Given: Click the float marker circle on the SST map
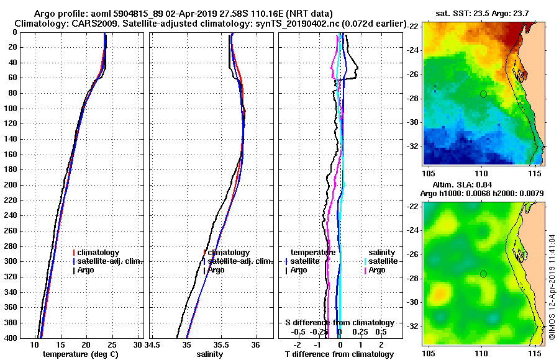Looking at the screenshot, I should [483, 94].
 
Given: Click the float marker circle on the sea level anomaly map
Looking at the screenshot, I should [483, 274].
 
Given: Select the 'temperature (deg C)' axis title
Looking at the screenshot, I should [80, 354].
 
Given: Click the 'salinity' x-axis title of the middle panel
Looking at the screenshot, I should [210, 354].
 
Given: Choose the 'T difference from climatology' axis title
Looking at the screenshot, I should [339, 354].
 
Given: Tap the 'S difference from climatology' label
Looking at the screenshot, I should [339, 323].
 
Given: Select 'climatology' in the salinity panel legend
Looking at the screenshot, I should [229, 253].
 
